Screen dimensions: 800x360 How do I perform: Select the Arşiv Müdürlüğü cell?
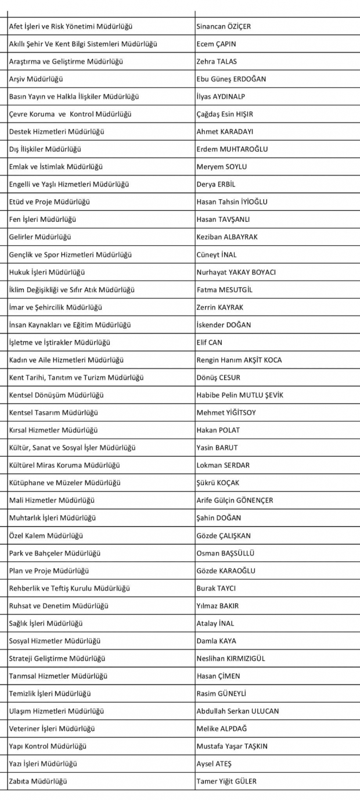pyautogui.click(x=36, y=79)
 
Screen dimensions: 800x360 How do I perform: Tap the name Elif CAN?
pyautogui.click(x=209, y=342)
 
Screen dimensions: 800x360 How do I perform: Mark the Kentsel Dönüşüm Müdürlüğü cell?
pyautogui.click(x=56, y=395)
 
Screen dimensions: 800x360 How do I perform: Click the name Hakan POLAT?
pyautogui.click(x=218, y=430)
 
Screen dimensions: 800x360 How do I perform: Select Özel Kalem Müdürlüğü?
pyautogui.click(x=46, y=536)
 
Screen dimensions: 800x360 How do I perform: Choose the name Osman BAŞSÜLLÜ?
pyautogui.click(x=225, y=553)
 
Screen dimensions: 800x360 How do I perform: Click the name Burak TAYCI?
pyautogui.click(x=216, y=589)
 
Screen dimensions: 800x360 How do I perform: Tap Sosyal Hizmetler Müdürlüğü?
pyautogui.click(x=55, y=641)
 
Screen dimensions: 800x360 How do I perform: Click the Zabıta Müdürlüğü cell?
pyautogui.click(x=38, y=781)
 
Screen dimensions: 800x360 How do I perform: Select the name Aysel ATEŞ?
pyautogui.click(x=214, y=763)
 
